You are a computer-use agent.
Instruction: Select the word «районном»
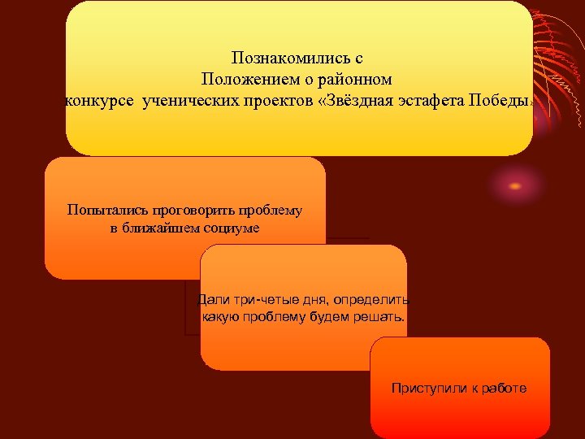click(355, 80)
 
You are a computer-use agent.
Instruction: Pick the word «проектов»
click(276, 102)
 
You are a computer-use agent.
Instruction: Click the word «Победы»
click(500, 102)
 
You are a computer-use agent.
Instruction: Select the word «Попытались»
click(102, 211)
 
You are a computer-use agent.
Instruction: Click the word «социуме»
click(233, 228)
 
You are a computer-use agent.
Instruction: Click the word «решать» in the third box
click(380, 316)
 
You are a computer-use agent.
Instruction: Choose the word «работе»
click(502, 389)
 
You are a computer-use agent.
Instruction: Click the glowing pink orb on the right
click(515, 186)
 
